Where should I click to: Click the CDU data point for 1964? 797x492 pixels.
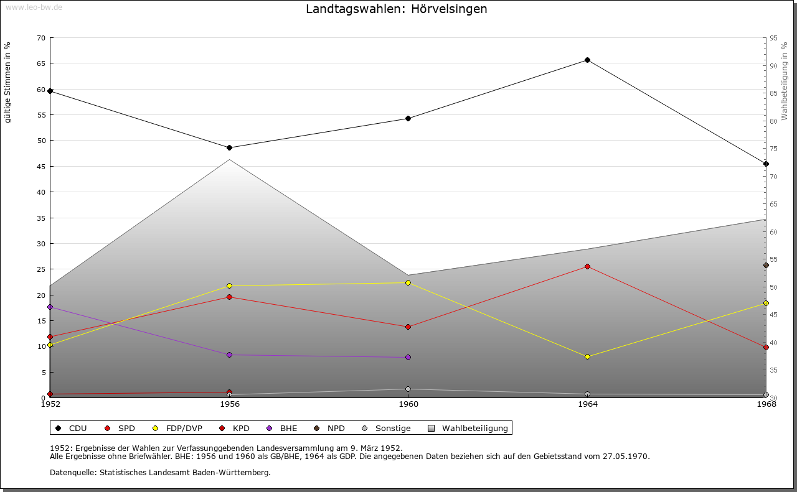tap(587, 60)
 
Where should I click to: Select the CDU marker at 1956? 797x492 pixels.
tap(230, 147)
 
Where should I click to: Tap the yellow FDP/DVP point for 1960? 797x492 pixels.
tap(408, 282)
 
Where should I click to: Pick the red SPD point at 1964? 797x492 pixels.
tap(587, 266)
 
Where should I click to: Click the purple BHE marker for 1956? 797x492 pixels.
tap(230, 355)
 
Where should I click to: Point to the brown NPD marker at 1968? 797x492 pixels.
tap(766, 265)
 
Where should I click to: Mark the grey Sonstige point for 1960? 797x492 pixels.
tap(408, 389)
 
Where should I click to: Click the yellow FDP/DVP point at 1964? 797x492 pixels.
tap(587, 356)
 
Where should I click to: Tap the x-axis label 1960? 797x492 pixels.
tap(408, 404)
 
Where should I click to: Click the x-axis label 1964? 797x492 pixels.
tap(588, 404)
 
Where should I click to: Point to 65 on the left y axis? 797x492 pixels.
tap(41, 63)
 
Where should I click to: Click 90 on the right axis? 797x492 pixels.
tap(773, 66)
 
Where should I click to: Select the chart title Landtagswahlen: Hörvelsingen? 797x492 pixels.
tap(397, 9)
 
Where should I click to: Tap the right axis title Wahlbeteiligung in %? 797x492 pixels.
tap(784, 81)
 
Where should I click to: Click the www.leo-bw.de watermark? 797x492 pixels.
tap(34, 7)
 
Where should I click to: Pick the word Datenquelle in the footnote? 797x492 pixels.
tap(73, 473)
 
